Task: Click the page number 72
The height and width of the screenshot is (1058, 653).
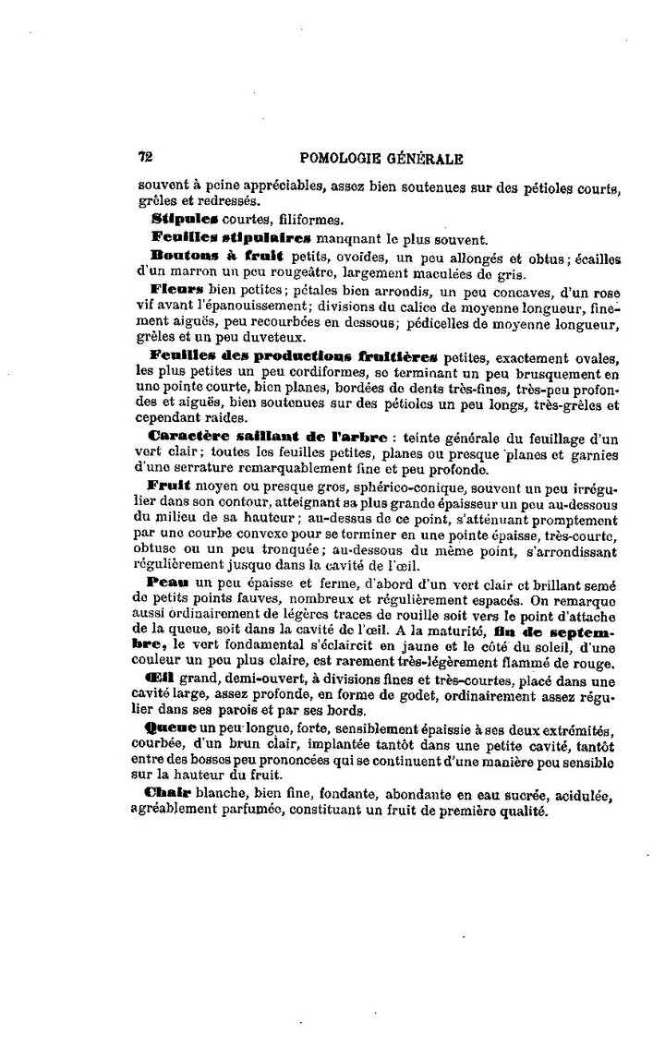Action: (x=145, y=157)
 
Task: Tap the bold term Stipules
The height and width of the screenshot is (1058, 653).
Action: (x=184, y=220)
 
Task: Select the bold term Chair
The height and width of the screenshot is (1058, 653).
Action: (x=170, y=796)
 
